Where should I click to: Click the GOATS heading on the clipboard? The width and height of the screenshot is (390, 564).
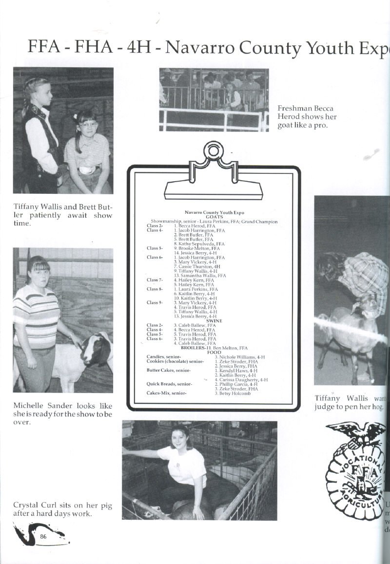coord(214,217)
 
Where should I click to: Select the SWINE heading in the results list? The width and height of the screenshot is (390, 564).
coord(214,320)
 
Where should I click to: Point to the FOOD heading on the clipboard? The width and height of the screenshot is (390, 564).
coord(214,353)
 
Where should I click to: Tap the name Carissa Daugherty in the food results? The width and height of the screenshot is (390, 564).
coord(242,379)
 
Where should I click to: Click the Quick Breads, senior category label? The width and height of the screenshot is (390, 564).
coord(169,384)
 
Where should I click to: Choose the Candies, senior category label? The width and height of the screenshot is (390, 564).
coord(163,357)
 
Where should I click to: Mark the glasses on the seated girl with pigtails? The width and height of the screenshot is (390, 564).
coord(89,124)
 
